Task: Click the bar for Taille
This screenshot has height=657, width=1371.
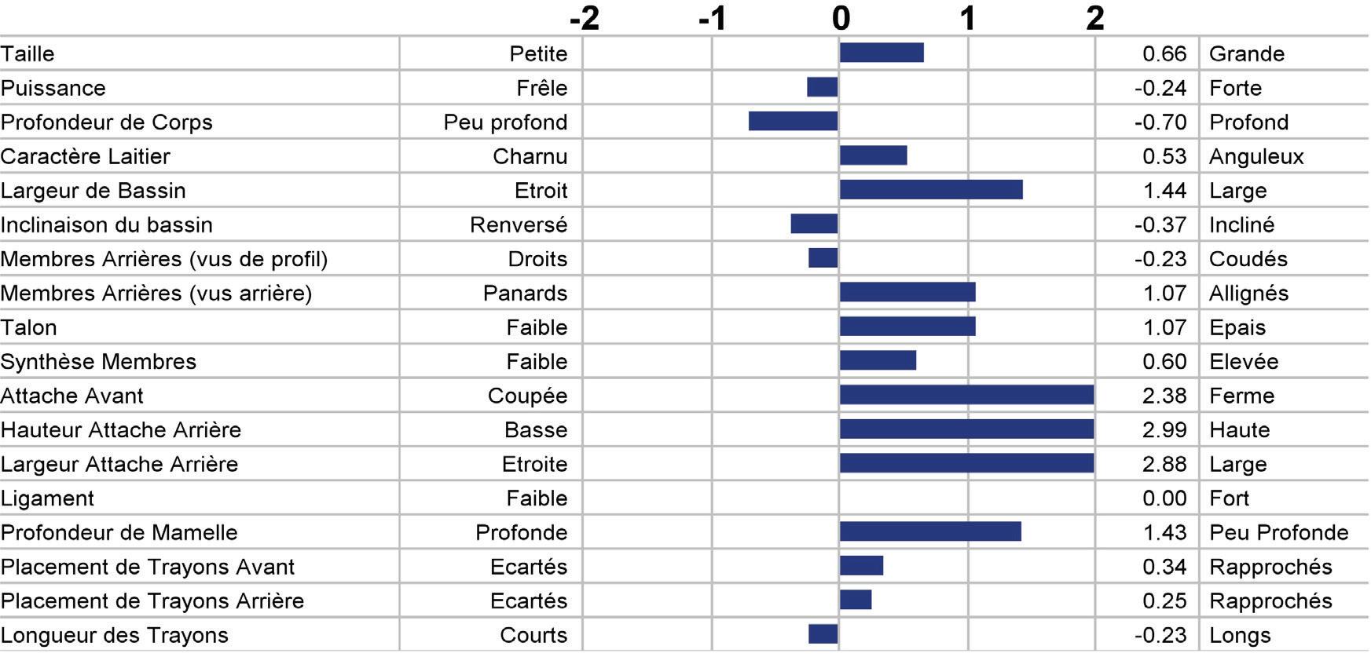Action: point(882,53)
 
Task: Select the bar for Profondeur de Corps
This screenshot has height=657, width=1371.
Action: point(794,121)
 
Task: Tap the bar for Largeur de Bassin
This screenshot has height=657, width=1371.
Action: point(931,189)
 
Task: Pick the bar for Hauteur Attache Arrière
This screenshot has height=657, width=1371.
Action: point(967,429)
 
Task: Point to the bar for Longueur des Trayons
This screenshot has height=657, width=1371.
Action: point(823,633)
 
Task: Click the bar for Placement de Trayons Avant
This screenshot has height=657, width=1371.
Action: point(861,565)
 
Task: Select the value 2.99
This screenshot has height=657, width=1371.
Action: point(1164,430)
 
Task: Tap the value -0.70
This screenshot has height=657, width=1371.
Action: point(1160,122)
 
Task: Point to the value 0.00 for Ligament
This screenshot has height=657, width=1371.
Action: point(1164,498)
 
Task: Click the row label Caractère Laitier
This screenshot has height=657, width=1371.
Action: point(85,156)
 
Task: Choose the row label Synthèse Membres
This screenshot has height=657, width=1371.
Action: point(98,361)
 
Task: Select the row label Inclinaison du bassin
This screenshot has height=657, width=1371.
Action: point(106,224)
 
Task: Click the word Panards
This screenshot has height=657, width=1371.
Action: point(525,293)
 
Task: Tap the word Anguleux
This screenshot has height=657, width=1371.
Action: point(1256,157)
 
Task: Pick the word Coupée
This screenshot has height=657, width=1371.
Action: point(527,396)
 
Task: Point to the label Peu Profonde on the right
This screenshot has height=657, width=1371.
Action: point(1279,532)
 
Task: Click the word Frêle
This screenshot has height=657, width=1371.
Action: point(542,88)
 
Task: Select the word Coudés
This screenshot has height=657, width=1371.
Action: point(1248,259)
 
